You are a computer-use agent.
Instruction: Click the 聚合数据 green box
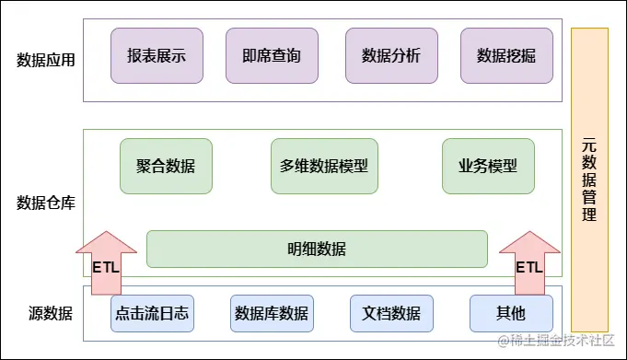[x=166, y=167]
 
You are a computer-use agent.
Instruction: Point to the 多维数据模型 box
[x=324, y=167]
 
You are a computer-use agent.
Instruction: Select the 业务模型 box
[x=488, y=167]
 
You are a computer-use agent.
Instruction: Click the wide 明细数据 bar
[x=317, y=249]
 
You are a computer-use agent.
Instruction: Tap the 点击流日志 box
[x=152, y=313]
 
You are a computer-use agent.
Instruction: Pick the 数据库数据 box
[x=272, y=313]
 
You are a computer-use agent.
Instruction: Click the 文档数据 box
[x=391, y=313]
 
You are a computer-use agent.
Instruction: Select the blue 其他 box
[x=511, y=313]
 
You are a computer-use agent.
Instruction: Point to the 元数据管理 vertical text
[x=589, y=180]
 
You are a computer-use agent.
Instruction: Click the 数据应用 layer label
[x=46, y=60]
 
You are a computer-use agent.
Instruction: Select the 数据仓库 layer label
[x=46, y=203]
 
